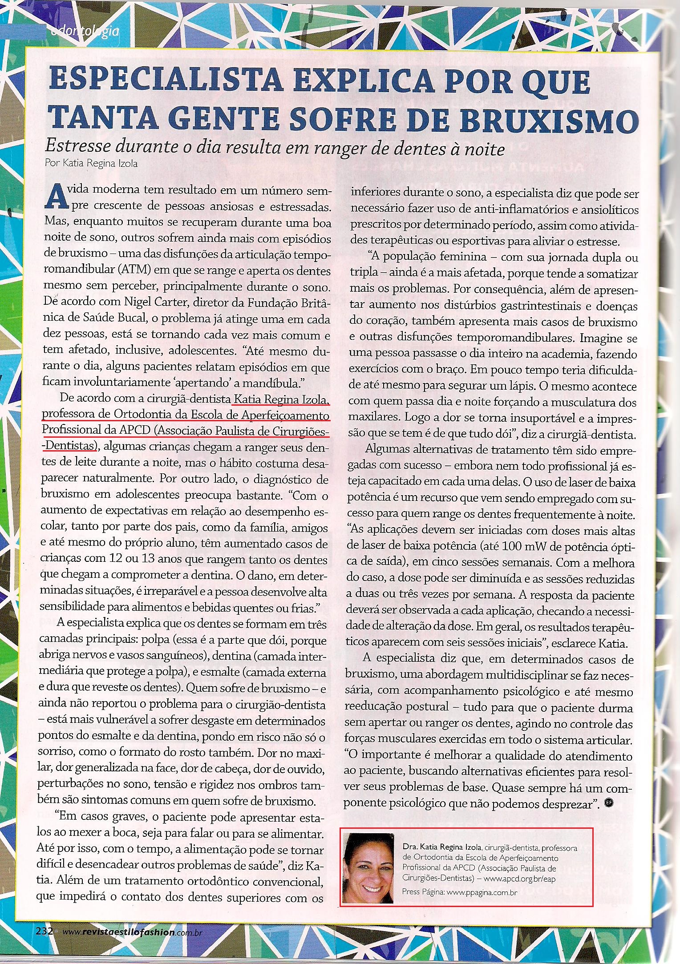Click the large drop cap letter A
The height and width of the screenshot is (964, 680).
(53, 198)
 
